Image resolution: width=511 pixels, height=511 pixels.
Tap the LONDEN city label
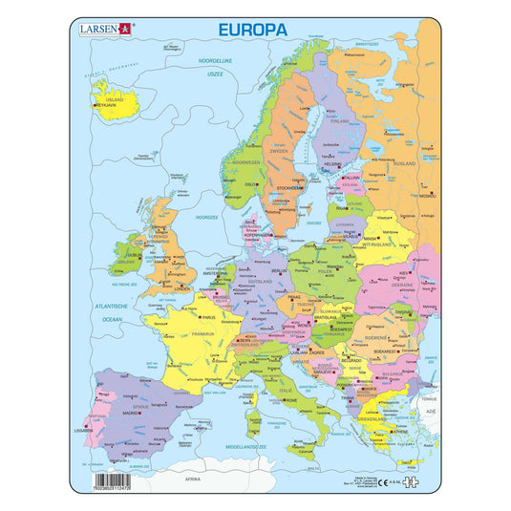[x=182, y=287]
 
